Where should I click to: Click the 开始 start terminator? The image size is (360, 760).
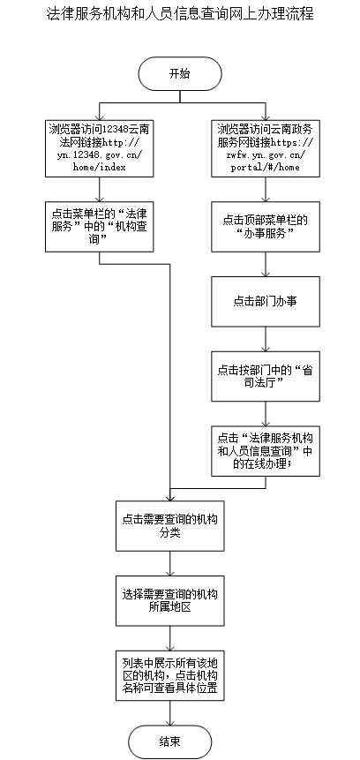(x=180, y=73)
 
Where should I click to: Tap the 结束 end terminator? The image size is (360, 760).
(x=170, y=741)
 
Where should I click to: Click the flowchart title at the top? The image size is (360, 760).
(x=180, y=14)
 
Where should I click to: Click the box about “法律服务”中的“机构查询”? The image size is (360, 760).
(x=100, y=226)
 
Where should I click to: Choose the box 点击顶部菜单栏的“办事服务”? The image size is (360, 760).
(x=266, y=226)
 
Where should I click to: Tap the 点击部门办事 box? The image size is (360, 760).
(x=266, y=302)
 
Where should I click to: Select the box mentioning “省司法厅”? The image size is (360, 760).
(x=266, y=376)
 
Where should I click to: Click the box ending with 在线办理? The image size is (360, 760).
(x=266, y=451)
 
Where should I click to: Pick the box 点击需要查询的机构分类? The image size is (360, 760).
(x=170, y=526)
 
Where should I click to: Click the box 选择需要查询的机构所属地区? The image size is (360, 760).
(x=170, y=600)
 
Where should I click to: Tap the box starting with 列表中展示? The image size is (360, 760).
(x=170, y=675)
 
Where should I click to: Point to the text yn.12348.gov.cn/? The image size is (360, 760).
(x=100, y=154)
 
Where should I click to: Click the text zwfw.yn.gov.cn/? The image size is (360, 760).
(x=266, y=154)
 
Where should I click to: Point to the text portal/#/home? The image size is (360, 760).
(x=266, y=167)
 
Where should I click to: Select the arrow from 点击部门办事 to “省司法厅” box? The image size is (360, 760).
(x=266, y=339)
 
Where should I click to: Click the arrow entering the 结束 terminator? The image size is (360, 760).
(x=170, y=713)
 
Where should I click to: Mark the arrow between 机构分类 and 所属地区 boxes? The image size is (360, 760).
(x=170, y=563)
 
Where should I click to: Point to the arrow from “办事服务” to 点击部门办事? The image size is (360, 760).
(x=266, y=264)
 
